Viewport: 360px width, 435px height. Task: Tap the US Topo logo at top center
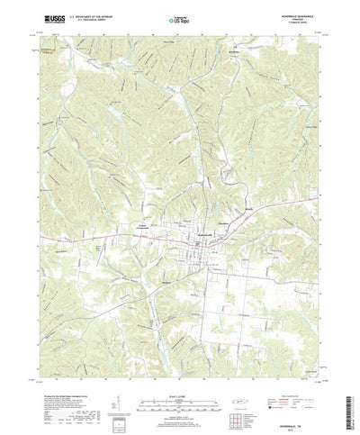pyautogui.click(x=180, y=18)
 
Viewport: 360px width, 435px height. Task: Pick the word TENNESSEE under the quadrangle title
pyautogui.click(x=294, y=18)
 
